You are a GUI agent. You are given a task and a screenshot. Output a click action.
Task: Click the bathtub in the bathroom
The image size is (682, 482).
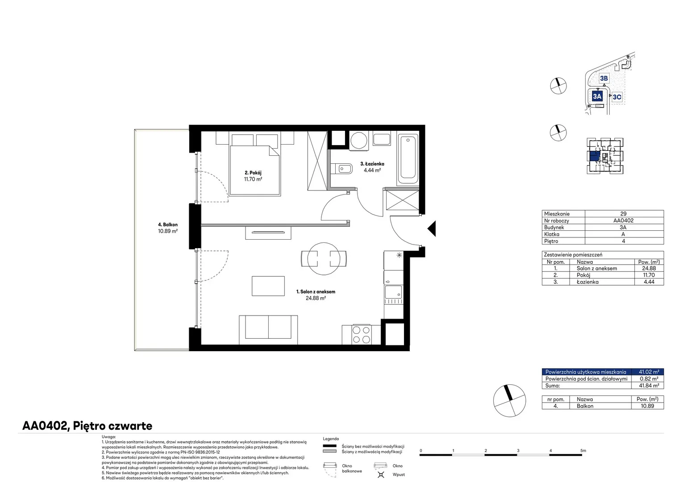pyautogui.click(x=408, y=158)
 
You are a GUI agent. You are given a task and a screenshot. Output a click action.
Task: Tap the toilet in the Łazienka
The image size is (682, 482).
pyautogui.click(x=341, y=168)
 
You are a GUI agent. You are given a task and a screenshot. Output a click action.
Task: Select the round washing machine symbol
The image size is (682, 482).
pyautogui.click(x=359, y=141)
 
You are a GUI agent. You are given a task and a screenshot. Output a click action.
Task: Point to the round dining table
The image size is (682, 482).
pyautogui.click(x=324, y=259)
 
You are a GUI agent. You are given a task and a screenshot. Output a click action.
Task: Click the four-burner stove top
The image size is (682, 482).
pyautogui.click(x=361, y=335)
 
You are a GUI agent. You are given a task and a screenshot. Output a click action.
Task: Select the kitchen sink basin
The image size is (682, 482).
pyautogui.click(x=393, y=292)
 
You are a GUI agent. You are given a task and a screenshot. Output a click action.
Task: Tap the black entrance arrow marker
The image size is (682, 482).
pyautogui.click(x=432, y=229)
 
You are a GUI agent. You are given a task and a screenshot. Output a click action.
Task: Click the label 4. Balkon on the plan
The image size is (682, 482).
pyautogui.click(x=168, y=224)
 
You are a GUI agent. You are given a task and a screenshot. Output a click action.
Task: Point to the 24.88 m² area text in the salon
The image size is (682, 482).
pyautogui.click(x=316, y=298)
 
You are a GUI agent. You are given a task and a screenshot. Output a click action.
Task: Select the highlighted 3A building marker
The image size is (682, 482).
pyautogui.click(x=597, y=96)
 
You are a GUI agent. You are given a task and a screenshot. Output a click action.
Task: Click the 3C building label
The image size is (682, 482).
pyautogui.click(x=617, y=97)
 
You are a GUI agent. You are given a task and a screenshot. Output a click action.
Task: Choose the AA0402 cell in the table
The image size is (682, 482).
pyautogui.click(x=623, y=220)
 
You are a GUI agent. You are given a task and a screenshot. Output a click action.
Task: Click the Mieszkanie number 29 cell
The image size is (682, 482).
pyautogui.click(x=623, y=214)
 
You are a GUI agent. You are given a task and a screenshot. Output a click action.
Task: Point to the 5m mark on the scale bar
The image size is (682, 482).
pyautogui.click(x=583, y=451)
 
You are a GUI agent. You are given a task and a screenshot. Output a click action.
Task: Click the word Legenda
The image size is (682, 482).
pyautogui.click(x=331, y=439)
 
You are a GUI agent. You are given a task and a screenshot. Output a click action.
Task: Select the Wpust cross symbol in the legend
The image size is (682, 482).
pyautogui.click(x=381, y=475)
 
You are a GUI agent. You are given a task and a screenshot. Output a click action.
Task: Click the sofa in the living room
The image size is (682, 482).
pyautogui.click(x=268, y=330)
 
